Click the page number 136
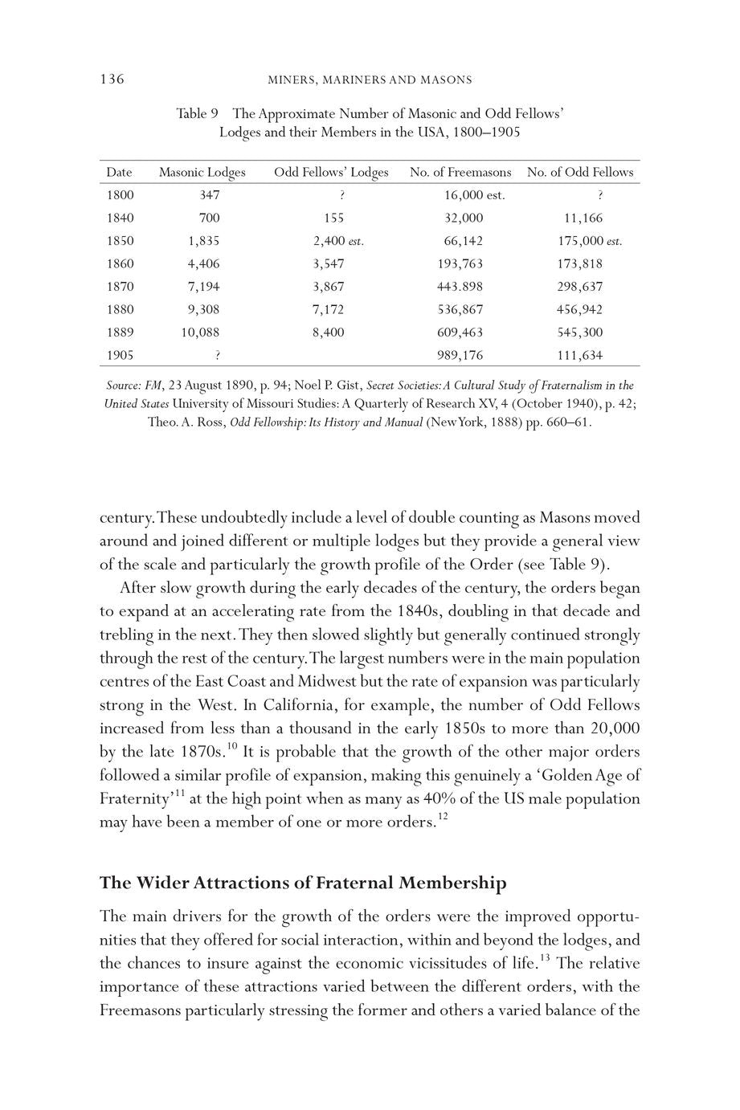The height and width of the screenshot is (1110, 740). click(x=112, y=79)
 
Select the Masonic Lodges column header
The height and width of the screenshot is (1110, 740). click(x=202, y=172)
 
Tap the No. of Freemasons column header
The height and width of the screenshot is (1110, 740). click(x=460, y=172)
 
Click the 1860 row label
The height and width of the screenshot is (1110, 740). click(x=120, y=263)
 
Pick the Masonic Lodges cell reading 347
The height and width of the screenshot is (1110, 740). click(x=209, y=194)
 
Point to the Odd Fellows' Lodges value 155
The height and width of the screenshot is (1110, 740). click(x=333, y=218)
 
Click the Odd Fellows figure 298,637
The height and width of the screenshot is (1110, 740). click(x=579, y=287)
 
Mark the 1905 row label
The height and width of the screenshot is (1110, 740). click(x=120, y=355)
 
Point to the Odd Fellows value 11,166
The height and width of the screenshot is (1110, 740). click(x=583, y=218)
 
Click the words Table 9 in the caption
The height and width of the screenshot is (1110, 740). click(x=198, y=114)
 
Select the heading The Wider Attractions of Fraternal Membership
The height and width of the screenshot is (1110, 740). click(x=303, y=884)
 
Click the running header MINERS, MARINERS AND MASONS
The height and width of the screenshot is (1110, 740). click(x=370, y=80)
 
